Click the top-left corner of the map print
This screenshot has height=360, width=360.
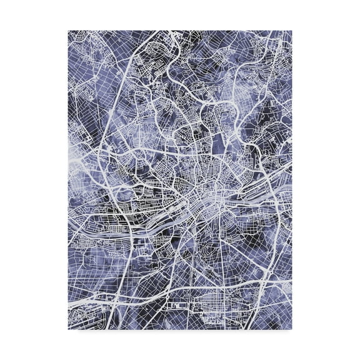tap(68, 30)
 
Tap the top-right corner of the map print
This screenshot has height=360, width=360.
tap(292, 30)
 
